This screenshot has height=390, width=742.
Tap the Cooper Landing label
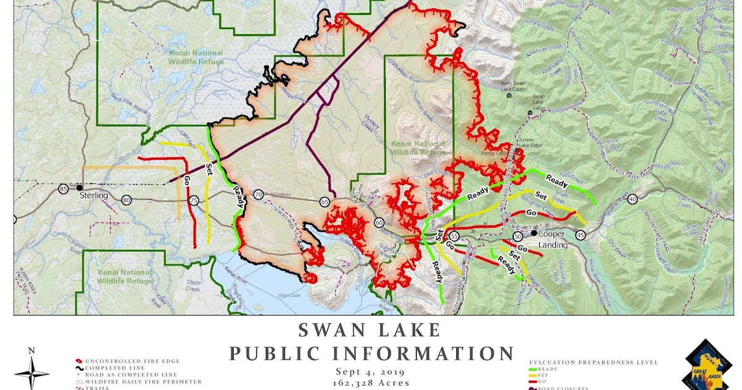pyautogui.click(x=552, y=240)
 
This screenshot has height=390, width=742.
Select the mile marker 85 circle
pyautogui.click(x=63, y=188)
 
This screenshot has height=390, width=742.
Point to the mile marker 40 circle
pyautogui.click(x=632, y=199)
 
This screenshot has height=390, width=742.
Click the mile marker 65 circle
pyautogui.click(x=325, y=202)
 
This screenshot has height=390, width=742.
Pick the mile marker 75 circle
pyautogui.click(x=194, y=201)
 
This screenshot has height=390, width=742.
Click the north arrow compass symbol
pyautogui.click(x=32, y=370)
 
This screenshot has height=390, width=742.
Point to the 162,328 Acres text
pyautogui.click(x=370, y=383)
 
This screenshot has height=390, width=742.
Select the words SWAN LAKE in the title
pyautogui.click(x=370, y=330)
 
